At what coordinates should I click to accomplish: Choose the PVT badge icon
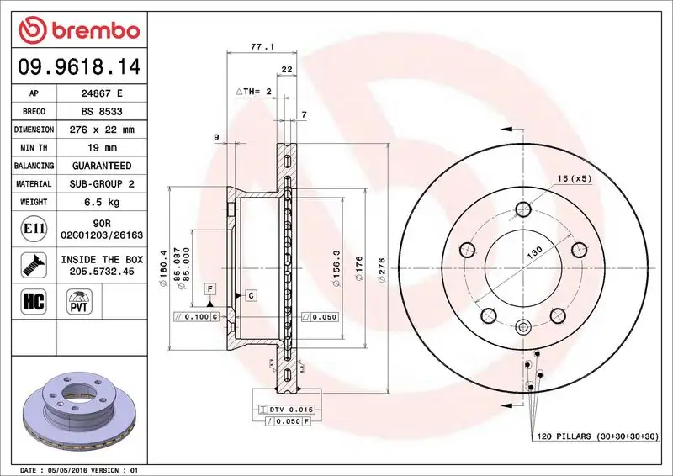(80, 302)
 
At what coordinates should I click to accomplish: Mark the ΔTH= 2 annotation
(254, 90)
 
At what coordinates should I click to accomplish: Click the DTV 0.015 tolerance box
(289, 409)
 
